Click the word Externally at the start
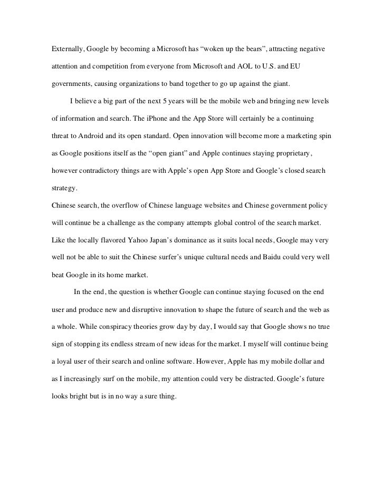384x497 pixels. (67, 49)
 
